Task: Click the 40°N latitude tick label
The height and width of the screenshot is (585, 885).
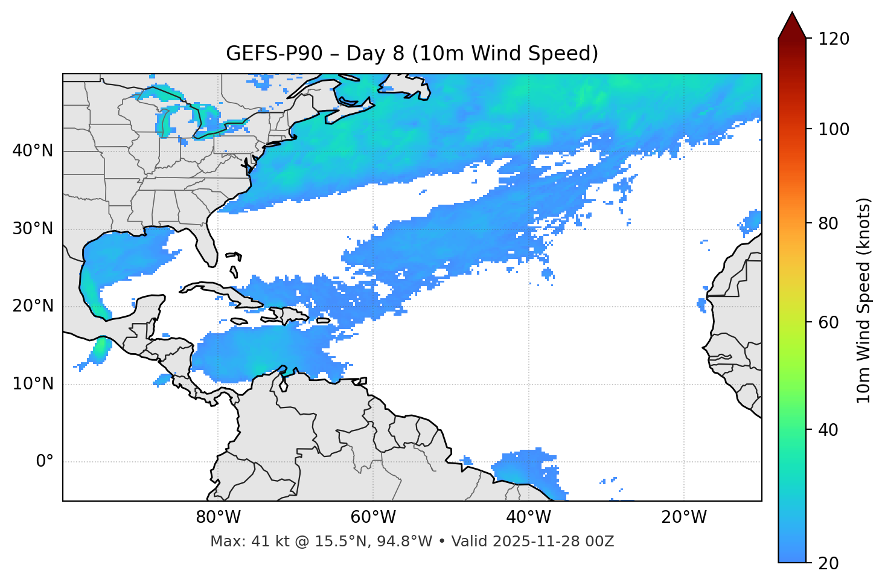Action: (33, 151)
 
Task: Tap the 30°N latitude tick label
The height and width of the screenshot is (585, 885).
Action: (33, 229)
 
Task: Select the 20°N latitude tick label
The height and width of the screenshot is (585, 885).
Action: (33, 306)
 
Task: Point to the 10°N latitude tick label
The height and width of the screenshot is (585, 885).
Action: (33, 384)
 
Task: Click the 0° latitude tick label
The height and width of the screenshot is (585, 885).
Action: (45, 462)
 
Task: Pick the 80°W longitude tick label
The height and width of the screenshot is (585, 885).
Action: (218, 517)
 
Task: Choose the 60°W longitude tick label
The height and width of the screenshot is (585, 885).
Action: (373, 517)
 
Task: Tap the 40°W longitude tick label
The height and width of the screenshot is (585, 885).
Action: (529, 517)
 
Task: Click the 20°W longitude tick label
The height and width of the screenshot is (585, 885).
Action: (684, 517)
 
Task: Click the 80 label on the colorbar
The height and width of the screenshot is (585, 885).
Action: (828, 224)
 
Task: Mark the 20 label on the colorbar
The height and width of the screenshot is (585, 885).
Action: (828, 563)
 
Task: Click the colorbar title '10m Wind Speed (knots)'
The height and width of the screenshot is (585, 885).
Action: (864, 300)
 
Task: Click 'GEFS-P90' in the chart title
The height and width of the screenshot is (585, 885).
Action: (266, 54)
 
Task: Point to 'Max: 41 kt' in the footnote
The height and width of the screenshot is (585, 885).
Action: (238, 542)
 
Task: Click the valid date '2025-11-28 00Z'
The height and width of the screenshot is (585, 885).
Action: (553, 542)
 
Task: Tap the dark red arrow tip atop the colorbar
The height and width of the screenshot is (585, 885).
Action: (792, 24)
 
